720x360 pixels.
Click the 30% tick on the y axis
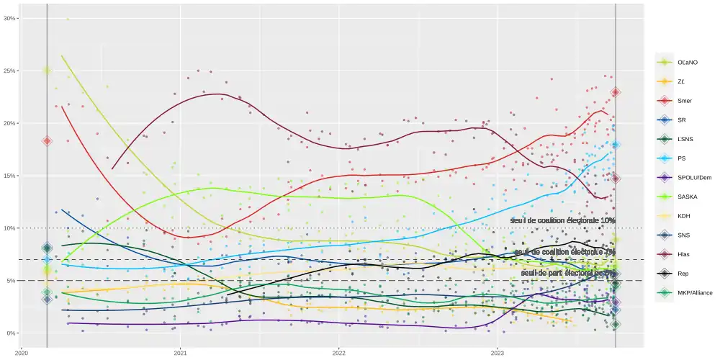coord(12,18)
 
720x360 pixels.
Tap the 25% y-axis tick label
coord(12,71)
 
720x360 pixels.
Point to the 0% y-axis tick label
coord(13,333)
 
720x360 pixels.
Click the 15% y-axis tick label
coord(12,176)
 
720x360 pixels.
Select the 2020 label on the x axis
coord(22,353)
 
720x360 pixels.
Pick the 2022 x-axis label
coord(339,353)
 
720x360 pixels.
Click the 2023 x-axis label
coord(498,353)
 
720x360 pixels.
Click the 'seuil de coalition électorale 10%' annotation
coord(563,220)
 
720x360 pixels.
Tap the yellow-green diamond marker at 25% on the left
coord(47,70)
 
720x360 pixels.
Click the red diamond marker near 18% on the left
coord(47,141)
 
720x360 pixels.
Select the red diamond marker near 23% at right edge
coord(616,92)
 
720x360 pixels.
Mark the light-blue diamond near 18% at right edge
coord(616,145)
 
